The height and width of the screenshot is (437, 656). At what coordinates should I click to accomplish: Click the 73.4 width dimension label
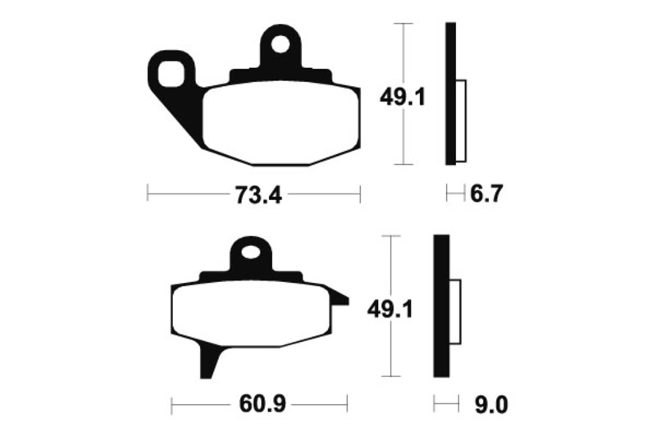click(x=258, y=195)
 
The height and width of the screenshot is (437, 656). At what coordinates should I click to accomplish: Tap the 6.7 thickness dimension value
click(x=485, y=194)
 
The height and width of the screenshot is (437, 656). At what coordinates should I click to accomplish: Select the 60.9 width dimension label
click(x=262, y=404)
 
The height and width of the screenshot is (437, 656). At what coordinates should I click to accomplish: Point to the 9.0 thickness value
click(x=491, y=405)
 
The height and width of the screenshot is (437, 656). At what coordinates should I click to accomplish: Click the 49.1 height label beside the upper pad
click(x=402, y=98)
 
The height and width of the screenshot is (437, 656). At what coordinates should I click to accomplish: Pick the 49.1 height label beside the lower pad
click(x=389, y=310)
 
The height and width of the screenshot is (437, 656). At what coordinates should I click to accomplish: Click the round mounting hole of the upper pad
click(x=280, y=44)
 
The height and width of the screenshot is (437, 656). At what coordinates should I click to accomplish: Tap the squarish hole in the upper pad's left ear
click(x=171, y=75)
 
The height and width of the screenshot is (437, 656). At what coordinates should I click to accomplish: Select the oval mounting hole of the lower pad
click(x=252, y=253)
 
